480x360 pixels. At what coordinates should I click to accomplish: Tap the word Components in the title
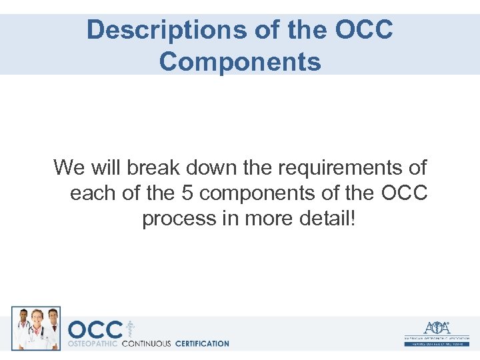tap(240, 61)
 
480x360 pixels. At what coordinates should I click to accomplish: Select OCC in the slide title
tap(365, 31)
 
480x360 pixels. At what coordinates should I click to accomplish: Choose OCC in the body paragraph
tap(404, 193)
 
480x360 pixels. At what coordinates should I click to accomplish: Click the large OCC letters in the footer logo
tap(95, 329)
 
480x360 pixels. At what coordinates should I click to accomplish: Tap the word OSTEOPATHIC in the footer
tap(93, 344)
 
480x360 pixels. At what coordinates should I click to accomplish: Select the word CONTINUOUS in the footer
tap(146, 344)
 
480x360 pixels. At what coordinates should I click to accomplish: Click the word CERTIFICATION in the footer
tap(201, 344)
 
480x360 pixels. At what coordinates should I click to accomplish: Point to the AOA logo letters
tap(437, 328)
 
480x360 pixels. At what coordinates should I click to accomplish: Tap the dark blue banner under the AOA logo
tap(437, 343)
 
